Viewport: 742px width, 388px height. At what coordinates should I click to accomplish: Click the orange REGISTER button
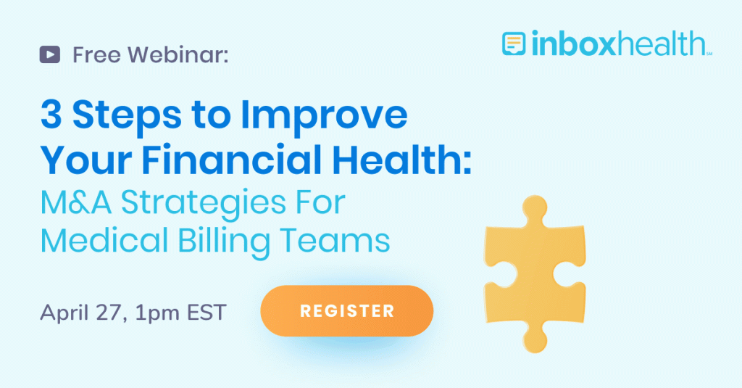coord(347,311)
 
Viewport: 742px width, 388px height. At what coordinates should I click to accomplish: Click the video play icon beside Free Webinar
coord(50,54)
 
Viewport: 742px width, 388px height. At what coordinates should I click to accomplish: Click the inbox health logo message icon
coord(514,44)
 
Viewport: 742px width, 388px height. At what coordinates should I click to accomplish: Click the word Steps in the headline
coord(122,116)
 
